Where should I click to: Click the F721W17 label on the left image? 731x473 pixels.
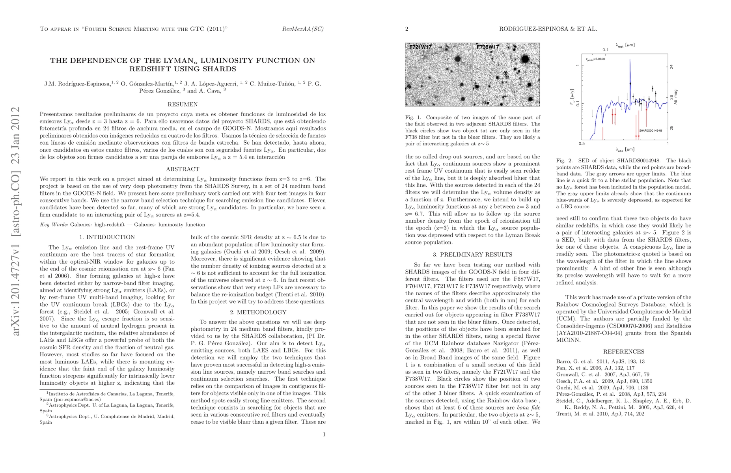pos(420,47)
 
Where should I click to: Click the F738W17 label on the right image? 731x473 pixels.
pos(488,47)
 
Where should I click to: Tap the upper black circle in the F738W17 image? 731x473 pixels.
pos(505,73)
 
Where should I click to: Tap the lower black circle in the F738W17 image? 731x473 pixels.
pos(507,76)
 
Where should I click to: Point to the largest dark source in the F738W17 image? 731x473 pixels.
pos(525,59)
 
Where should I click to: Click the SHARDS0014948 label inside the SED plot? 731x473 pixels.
pos(650,130)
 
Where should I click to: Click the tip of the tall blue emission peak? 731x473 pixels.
pos(630,60)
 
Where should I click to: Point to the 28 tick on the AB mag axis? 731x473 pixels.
pos(672,128)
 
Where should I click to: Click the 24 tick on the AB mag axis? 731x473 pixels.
pos(672,67)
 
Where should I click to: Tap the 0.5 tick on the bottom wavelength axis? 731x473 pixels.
pos(582,143)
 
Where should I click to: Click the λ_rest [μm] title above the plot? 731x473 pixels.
pos(625,45)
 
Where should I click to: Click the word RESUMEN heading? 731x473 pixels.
pos(183,104)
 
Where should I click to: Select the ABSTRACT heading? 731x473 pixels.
pos(183,169)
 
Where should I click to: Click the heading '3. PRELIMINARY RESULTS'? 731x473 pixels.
pos(472,255)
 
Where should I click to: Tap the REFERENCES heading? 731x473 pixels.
pos(623,352)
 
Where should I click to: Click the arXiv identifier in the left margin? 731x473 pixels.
pos(16,221)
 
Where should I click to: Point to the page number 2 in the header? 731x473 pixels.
pos(407,29)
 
